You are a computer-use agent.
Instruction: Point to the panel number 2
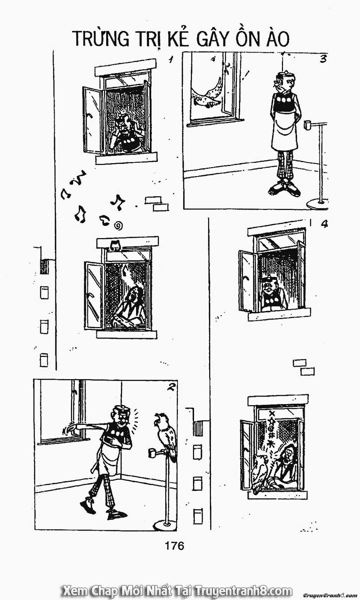tap(172, 388)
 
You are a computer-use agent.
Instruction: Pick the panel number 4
tap(324, 224)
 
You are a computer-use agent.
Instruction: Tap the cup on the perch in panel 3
tap(307, 125)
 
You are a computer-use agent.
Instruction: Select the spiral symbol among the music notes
tap(118, 226)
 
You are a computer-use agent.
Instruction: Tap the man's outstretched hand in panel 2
tap(69, 428)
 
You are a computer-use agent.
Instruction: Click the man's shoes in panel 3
tap(284, 188)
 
